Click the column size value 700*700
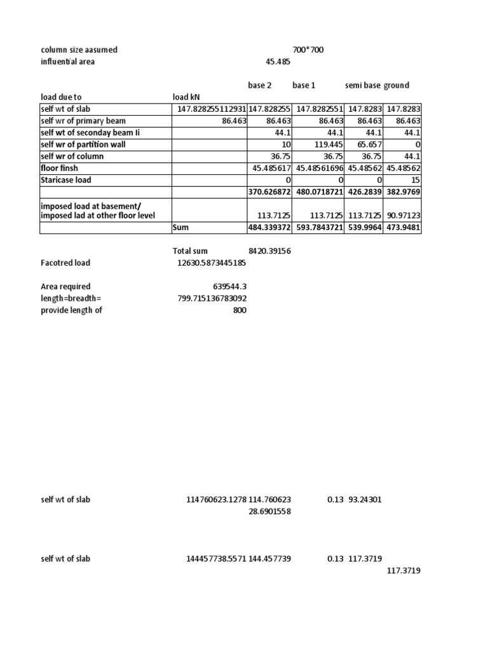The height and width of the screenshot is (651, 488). click(308, 50)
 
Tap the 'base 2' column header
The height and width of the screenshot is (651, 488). click(259, 85)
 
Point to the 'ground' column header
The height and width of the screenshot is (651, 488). click(396, 85)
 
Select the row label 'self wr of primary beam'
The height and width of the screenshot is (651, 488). click(83, 121)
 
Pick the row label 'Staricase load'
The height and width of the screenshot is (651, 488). click(66, 180)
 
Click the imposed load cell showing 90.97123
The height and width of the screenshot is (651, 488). click(402, 214)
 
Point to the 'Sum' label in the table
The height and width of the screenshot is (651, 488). click(181, 228)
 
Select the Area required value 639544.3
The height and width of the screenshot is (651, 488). click(229, 286)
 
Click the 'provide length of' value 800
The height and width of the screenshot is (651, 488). click(240, 310)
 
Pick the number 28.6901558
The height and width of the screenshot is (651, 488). click(269, 511)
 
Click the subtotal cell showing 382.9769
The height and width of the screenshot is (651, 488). click(402, 192)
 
